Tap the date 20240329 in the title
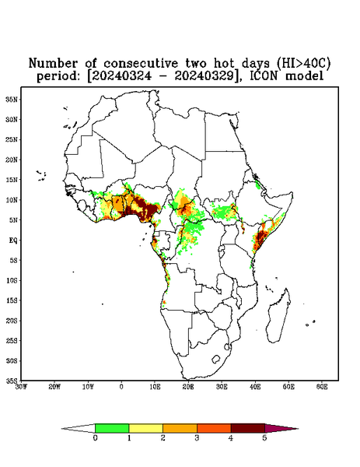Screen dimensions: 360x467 point(204,76)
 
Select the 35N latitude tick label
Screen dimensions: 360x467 point(12,100)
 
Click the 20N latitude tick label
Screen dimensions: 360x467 point(12,160)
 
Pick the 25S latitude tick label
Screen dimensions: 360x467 point(12,341)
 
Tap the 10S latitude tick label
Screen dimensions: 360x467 point(12,280)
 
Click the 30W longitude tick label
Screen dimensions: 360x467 point(21,387)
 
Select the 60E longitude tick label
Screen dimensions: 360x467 point(322,387)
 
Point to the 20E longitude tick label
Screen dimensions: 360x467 point(188,387)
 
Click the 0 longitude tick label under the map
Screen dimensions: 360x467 point(121,387)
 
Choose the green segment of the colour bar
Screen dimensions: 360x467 point(112,428)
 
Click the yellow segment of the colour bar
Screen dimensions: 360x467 point(145,428)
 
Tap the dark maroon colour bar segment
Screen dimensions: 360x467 point(248,428)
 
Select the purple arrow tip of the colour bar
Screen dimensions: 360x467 point(280,429)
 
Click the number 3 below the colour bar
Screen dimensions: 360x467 point(197,438)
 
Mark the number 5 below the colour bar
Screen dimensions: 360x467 point(264,438)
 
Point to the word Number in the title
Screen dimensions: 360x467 point(53,63)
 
